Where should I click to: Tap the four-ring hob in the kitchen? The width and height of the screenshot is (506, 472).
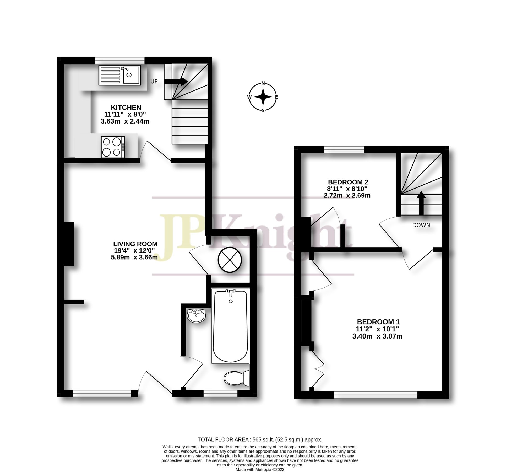tap(113, 147)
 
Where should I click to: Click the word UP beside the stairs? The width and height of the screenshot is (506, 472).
tap(154, 82)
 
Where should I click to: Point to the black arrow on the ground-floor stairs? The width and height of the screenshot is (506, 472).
tap(176, 82)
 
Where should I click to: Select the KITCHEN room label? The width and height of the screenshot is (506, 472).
tap(126, 107)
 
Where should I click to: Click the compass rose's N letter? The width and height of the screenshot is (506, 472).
tap(263, 84)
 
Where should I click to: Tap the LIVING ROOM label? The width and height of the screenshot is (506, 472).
tap(135, 244)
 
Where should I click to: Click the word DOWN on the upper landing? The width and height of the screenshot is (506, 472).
tap(421, 225)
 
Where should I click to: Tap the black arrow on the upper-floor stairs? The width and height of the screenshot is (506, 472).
tap(421, 203)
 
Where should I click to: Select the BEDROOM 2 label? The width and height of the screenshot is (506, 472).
tap(348, 182)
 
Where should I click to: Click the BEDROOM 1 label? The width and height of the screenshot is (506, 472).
tap(378, 322)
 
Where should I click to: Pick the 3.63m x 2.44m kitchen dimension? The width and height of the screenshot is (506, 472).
tap(125, 121)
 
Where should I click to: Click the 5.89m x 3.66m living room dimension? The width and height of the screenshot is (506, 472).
tap(134, 257)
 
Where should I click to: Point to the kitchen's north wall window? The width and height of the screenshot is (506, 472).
tap(120, 60)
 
